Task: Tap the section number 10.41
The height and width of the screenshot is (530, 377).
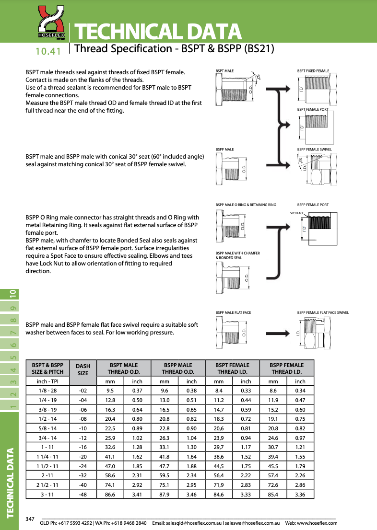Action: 48,51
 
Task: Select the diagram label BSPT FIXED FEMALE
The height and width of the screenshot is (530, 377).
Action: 313,71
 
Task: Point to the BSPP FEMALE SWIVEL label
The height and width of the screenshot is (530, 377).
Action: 314,150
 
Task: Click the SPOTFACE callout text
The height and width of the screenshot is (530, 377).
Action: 298,212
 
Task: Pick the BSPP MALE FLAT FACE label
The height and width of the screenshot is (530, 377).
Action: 233,312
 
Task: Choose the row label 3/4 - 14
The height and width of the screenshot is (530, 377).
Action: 47,438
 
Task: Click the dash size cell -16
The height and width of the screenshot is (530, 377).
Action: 83,447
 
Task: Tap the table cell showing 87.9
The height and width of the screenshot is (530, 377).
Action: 165,494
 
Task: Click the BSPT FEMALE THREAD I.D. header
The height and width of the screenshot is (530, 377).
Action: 233,368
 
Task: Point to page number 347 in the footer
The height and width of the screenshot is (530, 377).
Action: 30,519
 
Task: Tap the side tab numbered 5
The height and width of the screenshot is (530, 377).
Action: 13,357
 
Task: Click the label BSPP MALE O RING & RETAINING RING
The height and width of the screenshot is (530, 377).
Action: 246,205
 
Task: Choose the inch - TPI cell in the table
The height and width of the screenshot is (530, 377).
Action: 47,381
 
